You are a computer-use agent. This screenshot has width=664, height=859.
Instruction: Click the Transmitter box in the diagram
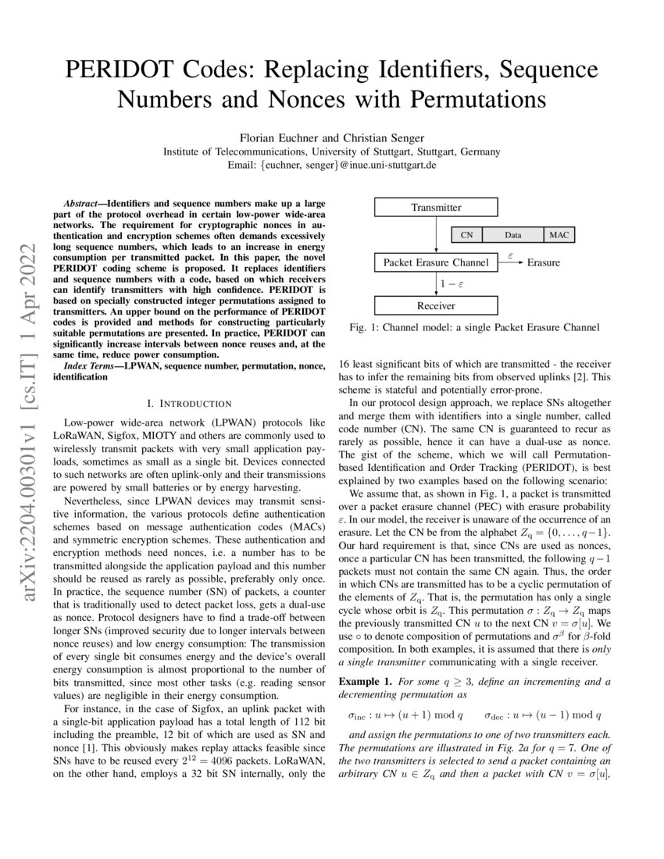[436, 208]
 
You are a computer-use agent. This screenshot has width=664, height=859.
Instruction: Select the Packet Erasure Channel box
[436, 262]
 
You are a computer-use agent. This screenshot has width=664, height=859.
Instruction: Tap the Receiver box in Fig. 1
[436, 306]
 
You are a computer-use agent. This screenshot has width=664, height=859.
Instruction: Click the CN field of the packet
[467, 233]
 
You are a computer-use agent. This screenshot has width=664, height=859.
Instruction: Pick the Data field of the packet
[512, 233]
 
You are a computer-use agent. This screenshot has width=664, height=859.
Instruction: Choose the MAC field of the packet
[559, 233]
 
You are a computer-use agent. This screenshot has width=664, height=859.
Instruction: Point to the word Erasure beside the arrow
[543, 262]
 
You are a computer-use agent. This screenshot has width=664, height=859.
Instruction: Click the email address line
[331, 166]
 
